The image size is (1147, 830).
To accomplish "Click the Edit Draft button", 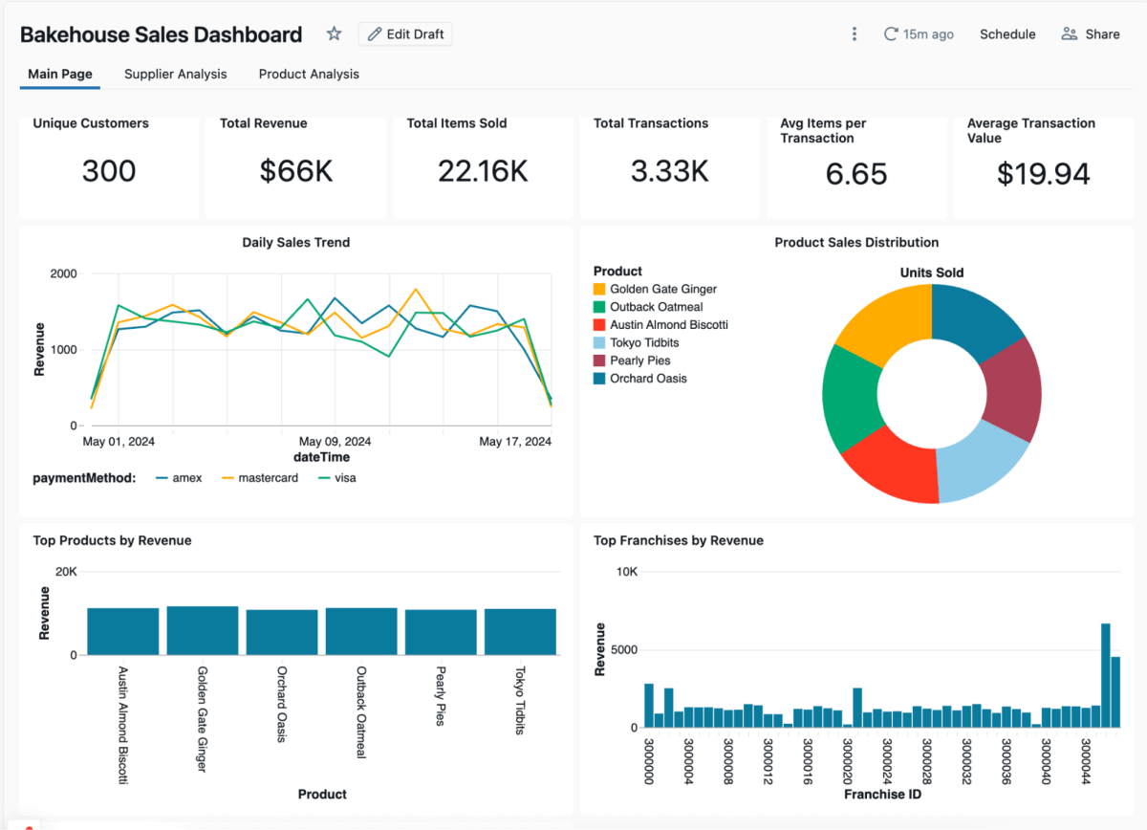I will coord(405,34).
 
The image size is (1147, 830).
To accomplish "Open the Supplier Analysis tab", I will coord(176,74).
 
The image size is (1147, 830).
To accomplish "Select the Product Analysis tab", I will coord(309,74).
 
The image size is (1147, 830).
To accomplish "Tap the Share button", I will coord(1091,34).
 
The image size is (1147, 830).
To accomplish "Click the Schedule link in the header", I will coord(1007,34).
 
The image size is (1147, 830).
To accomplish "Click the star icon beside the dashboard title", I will coord(334,34).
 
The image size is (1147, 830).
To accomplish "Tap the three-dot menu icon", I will coord(855,34).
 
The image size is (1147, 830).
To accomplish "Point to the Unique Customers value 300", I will coord(109,171).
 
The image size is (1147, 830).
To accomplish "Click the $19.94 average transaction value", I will coord(1043,174).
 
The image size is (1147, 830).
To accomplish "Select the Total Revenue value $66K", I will coord(296,171).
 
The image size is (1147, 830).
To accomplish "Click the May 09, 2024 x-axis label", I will coord(335,442).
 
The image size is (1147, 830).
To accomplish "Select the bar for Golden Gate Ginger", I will coord(203,630).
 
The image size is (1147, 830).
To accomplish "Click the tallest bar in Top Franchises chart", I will coord(1105,675).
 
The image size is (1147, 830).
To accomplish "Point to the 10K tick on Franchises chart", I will coord(626,572).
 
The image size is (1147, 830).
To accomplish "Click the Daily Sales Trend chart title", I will coord(295,243).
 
